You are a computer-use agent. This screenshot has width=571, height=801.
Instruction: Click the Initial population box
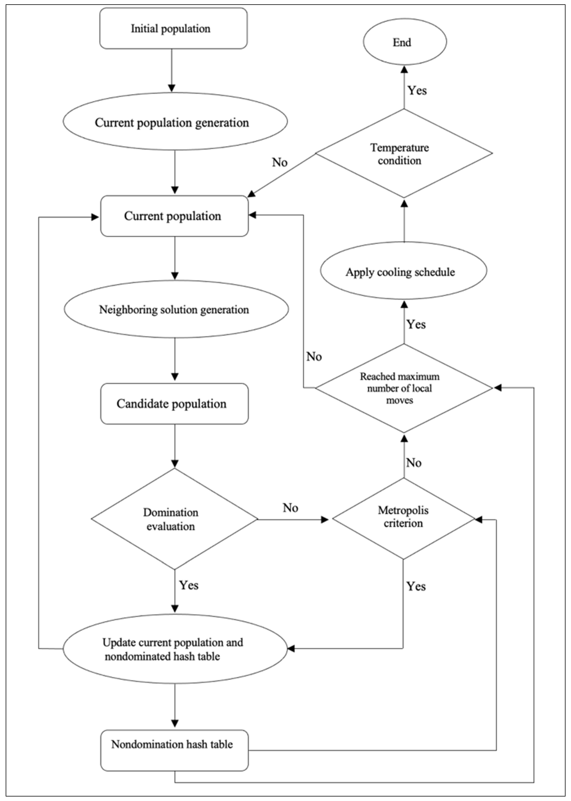(x=173, y=29)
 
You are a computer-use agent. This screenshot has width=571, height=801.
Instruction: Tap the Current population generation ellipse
(x=175, y=122)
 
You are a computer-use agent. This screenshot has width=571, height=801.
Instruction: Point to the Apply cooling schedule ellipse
(x=403, y=271)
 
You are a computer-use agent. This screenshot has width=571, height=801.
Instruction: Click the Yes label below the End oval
(x=417, y=90)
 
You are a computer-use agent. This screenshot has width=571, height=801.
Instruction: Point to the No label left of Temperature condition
(x=280, y=162)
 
